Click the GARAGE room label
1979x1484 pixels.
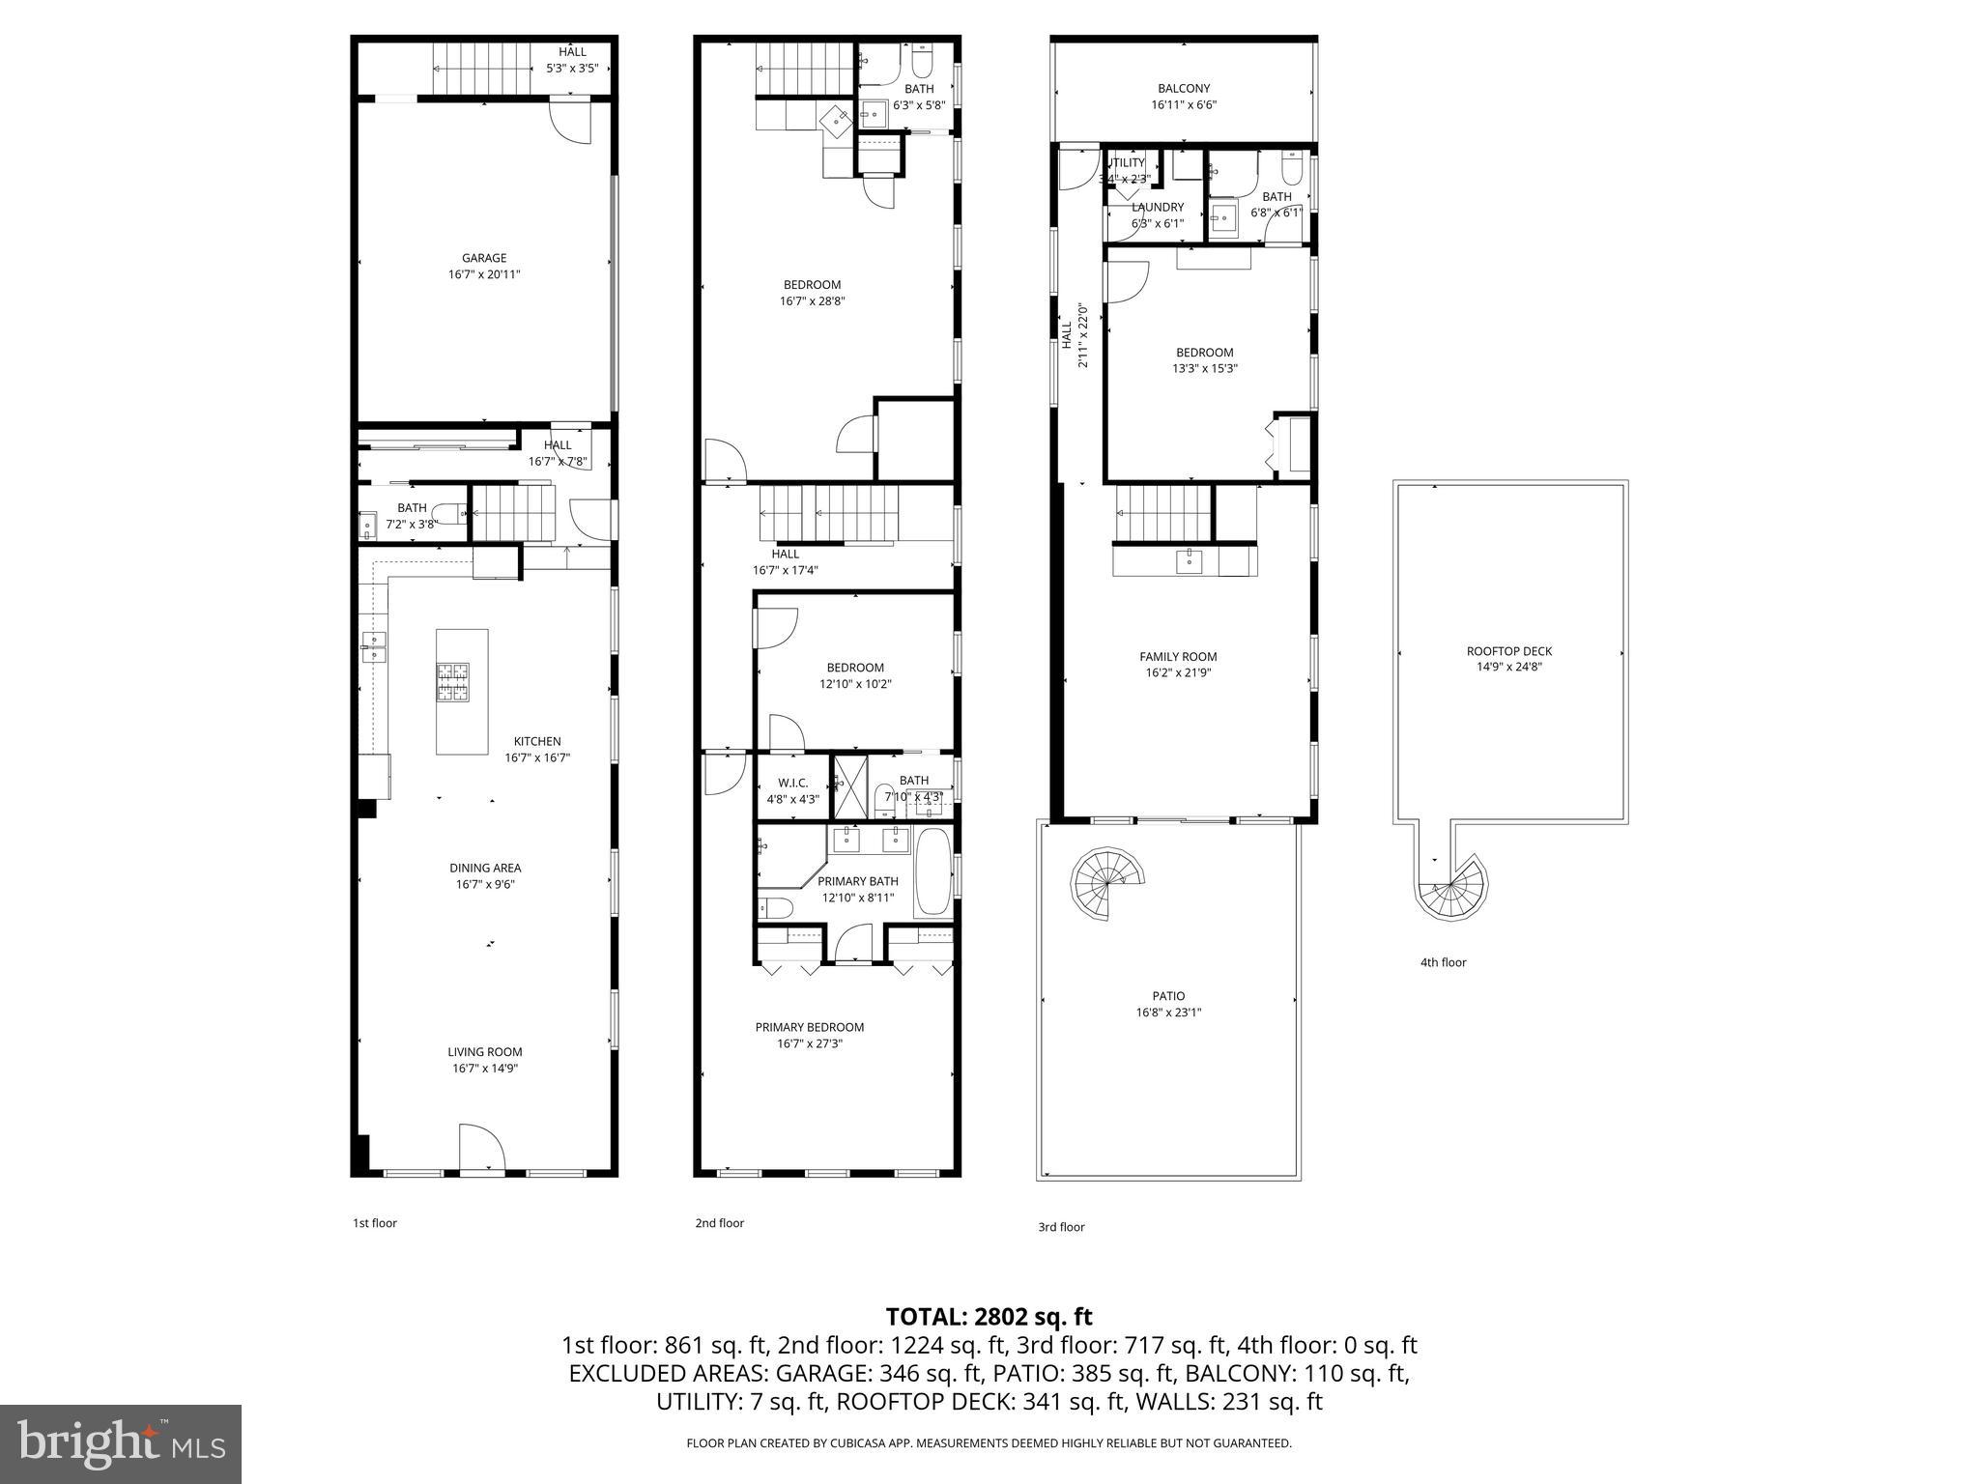pos(484,258)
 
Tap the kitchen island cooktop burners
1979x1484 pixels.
pos(453,682)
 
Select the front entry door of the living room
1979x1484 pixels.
pos(482,1149)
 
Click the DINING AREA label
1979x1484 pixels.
pos(485,868)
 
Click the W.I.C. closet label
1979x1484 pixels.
pos(792,783)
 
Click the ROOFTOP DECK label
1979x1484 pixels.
pos(1509,651)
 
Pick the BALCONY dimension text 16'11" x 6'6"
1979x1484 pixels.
pos(1183,105)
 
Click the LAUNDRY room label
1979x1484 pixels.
pos(1158,207)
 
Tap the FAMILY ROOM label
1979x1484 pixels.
pos(1178,657)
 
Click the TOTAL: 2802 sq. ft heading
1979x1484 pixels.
pos(989,1316)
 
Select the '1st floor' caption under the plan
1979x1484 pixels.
pos(375,1223)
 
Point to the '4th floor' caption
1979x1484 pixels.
pos(1444,962)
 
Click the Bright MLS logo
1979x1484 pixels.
pos(121,1443)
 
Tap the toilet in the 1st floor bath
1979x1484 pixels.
pos(447,513)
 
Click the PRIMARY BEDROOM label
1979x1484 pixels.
pos(810,1027)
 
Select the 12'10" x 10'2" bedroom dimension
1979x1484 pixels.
pos(855,684)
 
